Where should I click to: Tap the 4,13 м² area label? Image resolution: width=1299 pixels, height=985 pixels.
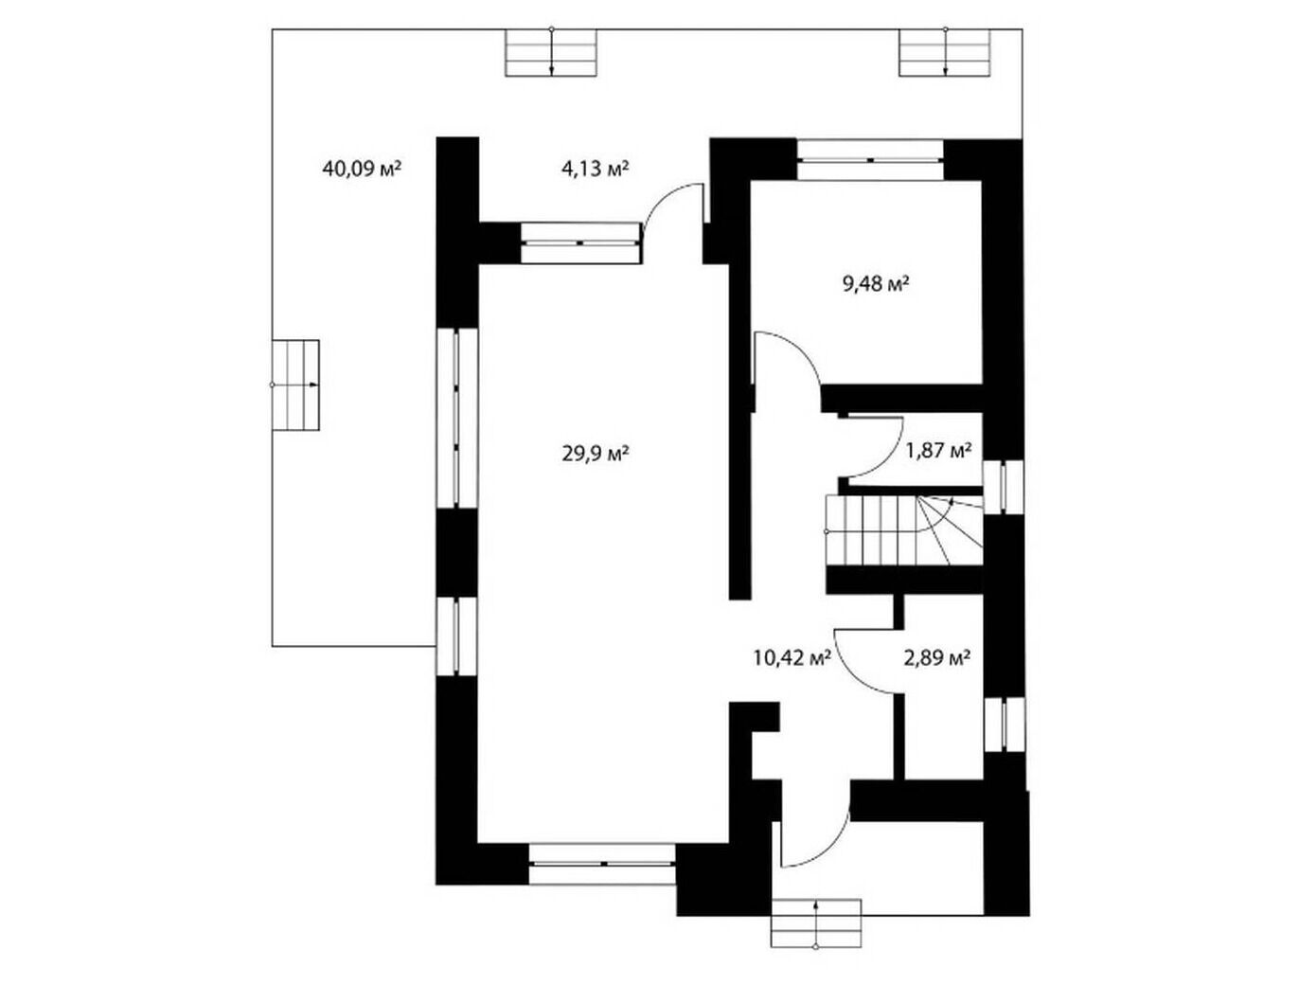tap(595, 170)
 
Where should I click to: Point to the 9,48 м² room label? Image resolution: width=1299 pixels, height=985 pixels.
tap(875, 285)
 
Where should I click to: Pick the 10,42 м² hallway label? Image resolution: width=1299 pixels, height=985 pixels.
tap(792, 657)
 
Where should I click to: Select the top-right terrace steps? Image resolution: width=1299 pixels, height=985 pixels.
tap(945, 53)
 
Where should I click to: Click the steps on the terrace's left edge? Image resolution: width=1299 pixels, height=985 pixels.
tap(295, 385)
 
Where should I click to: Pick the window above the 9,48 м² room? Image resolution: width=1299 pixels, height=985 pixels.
tap(869, 160)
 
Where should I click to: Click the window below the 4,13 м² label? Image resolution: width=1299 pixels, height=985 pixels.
tap(580, 242)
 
